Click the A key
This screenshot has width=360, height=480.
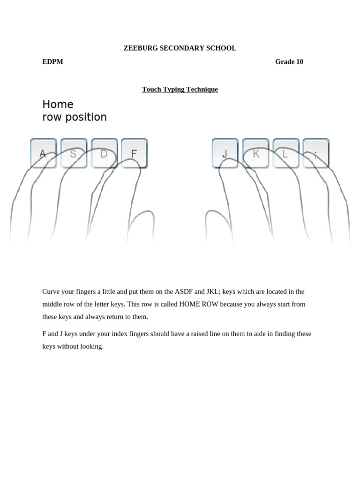43,153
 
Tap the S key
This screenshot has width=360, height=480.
74,153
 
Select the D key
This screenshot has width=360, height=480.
104,153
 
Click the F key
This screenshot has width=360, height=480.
134,153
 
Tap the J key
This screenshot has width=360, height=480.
225,153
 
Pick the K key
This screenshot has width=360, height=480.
255,153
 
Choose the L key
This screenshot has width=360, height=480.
285,153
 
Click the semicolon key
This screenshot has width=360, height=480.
316,153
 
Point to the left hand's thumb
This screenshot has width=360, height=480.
141,225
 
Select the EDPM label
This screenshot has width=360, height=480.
52,62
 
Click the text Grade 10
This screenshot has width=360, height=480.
289,62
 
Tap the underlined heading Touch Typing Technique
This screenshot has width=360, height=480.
180,90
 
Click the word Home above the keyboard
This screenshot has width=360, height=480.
58,104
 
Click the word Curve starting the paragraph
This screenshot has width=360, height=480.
52,292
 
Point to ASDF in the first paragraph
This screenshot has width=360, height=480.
184,292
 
